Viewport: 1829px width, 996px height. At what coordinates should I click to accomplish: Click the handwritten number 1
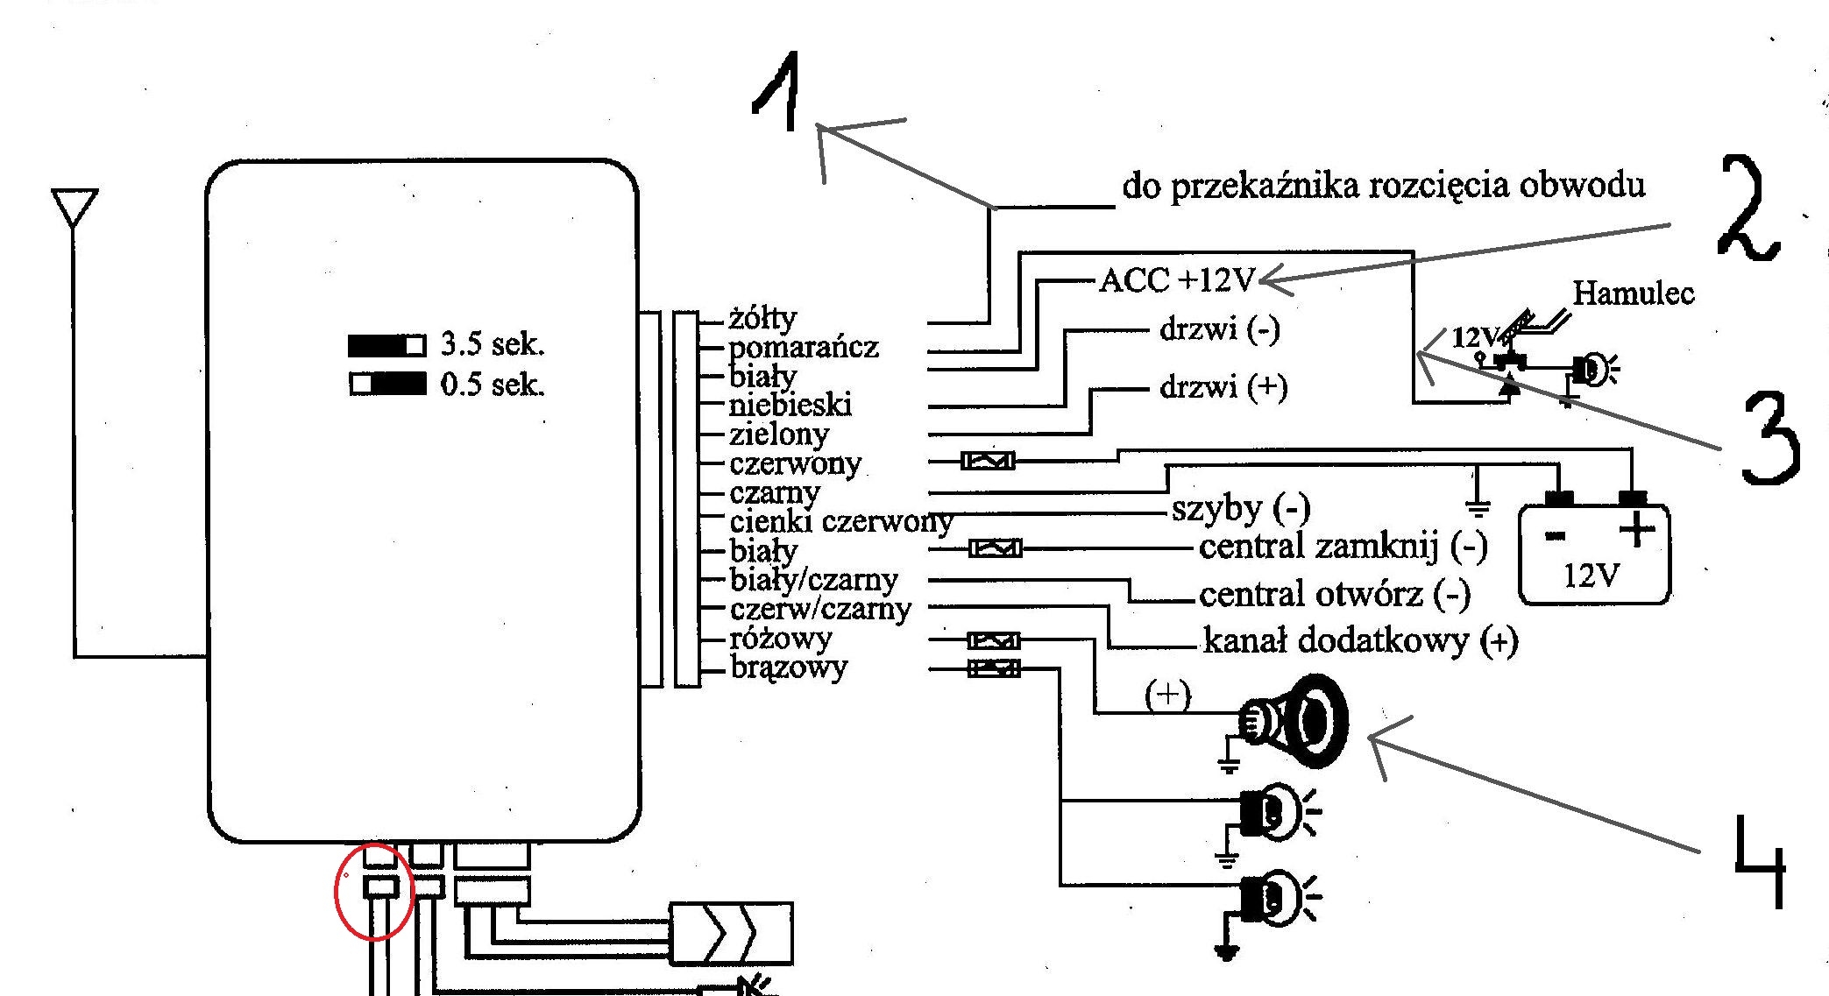pyautogui.click(x=777, y=92)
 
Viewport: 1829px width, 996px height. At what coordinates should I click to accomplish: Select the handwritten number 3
pyautogui.click(x=1769, y=438)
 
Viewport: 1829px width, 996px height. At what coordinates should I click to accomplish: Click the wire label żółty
pyautogui.click(x=762, y=317)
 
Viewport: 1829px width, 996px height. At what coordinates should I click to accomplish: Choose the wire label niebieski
pyautogui.click(x=790, y=405)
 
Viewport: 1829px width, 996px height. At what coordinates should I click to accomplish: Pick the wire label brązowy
pyautogui.click(x=789, y=668)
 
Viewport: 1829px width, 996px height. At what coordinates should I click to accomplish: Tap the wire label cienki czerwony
pyautogui.click(x=840, y=522)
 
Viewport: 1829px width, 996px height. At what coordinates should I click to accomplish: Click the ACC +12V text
pyautogui.click(x=1177, y=280)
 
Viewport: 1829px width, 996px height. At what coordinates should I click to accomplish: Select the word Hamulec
pyautogui.click(x=1633, y=293)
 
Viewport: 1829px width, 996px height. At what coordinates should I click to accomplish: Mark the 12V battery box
pyautogui.click(x=1594, y=554)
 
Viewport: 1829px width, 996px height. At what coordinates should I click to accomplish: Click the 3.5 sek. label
pyautogui.click(x=492, y=344)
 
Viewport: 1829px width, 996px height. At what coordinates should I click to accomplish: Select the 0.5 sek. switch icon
pyautogui.click(x=387, y=384)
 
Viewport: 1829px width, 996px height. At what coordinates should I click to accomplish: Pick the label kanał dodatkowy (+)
pyautogui.click(x=1360, y=640)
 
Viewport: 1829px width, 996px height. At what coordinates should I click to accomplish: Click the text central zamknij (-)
pyautogui.click(x=1343, y=547)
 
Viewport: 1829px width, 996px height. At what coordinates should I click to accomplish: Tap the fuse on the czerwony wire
pyautogui.click(x=988, y=460)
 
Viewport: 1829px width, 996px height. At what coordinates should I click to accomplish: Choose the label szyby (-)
pyautogui.click(x=1240, y=508)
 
